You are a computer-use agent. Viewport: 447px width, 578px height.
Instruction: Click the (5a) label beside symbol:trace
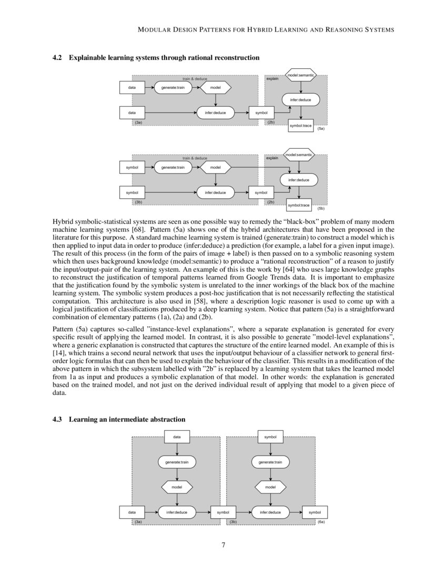pos(321,128)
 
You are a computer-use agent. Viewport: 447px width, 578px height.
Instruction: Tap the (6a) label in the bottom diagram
pos(321,522)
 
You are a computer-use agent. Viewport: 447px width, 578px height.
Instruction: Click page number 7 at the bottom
pos(223,544)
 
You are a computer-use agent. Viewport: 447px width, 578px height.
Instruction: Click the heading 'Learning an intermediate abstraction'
pos(127,419)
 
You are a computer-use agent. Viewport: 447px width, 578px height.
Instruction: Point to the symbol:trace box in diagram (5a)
pos(301,126)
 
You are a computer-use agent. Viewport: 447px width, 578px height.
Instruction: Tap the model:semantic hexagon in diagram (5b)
pos(299,155)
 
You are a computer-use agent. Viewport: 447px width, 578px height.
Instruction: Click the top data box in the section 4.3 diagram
pos(177,437)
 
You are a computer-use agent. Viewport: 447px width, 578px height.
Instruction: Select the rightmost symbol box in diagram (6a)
pos(315,511)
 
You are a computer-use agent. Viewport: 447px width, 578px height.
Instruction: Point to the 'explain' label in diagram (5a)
pos(272,79)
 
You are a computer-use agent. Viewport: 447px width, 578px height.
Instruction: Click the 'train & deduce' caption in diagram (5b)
pos(195,158)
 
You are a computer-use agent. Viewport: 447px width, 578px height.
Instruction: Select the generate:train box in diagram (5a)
pos(173,88)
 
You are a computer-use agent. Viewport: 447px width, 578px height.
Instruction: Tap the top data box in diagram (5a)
pos(132,88)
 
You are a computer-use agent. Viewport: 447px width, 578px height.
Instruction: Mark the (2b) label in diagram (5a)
pos(271,122)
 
